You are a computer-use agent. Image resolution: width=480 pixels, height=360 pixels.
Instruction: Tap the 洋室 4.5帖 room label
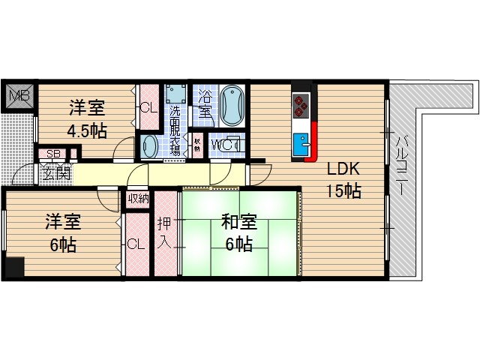point(87,119)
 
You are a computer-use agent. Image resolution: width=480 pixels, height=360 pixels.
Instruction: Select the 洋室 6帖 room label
point(63,233)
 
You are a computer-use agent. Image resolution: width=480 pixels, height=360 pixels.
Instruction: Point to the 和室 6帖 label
point(240,232)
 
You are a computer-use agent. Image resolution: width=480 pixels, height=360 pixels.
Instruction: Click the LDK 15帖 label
point(343,179)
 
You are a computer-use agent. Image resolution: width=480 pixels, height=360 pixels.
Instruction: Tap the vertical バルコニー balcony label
point(401,166)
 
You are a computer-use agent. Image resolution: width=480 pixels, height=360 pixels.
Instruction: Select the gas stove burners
point(301,104)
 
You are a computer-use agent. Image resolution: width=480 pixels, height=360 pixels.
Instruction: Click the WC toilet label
point(222,145)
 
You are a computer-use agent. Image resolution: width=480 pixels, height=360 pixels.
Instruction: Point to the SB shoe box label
point(52,155)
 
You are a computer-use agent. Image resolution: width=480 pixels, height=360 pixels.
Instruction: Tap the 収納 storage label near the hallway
point(137,199)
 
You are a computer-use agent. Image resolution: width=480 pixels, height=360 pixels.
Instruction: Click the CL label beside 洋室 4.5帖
point(148,107)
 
